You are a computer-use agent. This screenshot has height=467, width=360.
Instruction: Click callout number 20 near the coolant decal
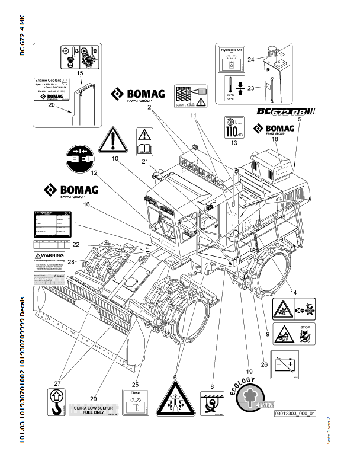(x=51, y=105)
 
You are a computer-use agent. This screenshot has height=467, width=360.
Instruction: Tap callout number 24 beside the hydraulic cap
(x=251, y=59)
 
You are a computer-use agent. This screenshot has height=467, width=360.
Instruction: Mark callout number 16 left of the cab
(x=86, y=204)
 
